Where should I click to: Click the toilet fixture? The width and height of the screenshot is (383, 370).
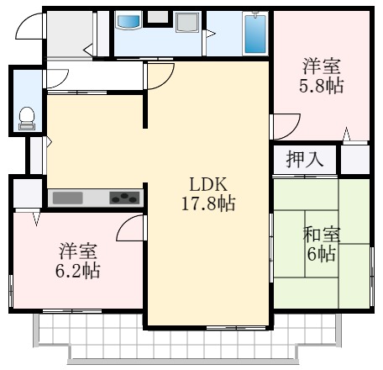pos(27,116)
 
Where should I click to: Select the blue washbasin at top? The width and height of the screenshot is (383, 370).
pos(129,21)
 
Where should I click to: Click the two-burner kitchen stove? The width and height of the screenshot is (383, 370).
pos(124,198)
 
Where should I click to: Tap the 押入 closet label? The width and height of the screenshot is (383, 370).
pos(304,157)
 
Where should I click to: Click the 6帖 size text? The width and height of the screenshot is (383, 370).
pos(321,253)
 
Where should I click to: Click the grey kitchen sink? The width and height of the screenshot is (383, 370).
pos(69,198)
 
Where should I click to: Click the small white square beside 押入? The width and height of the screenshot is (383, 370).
pos(354,158)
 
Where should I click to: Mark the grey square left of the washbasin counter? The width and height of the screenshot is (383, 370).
pos(157,18)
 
